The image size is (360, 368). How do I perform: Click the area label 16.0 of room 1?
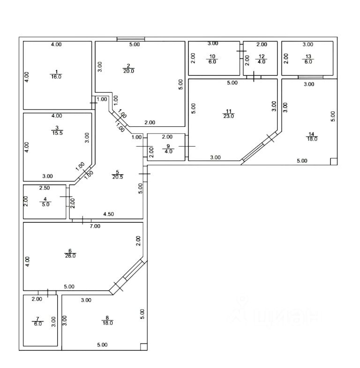point(56,77)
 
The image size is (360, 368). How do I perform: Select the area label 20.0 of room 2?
point(129,72)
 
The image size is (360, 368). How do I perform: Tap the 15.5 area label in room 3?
point(57,133)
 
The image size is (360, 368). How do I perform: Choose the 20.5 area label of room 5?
point(118,177)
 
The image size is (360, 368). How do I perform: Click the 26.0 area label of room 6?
point(70,256)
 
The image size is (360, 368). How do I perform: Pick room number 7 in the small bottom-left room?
point(37,318)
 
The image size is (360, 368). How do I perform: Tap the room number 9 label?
point(167,146)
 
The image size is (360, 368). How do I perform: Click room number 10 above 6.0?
point(212,57)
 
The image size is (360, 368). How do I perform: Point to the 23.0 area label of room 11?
point(229,117)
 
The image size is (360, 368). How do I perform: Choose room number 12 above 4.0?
point(262,57)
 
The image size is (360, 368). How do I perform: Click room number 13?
point(307,57)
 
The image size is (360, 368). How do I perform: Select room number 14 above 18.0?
point(312,133)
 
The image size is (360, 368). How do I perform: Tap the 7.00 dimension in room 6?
point(95,226)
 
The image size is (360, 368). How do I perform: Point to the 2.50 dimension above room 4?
point(44,188)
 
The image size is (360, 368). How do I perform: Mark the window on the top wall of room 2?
point(131,39)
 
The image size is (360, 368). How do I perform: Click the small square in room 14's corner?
point(333,162)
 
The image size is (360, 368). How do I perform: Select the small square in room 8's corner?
point(144,347)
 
